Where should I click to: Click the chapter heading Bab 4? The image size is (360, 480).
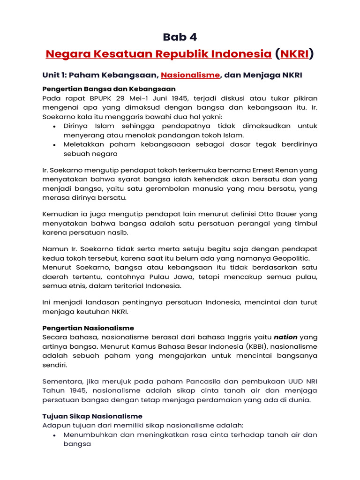[x=180, y=37]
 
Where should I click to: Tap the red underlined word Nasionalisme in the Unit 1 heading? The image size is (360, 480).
[x=190, y=75]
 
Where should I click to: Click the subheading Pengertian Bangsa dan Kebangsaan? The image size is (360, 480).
[x=109, y=89]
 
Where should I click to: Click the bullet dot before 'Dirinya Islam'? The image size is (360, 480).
[x=55, y=127]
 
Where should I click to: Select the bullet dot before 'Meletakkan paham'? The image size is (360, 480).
[x=55, y=145]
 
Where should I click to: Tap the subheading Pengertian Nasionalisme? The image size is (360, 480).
[x=88, y=328]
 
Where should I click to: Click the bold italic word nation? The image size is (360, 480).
[x=285, y=337]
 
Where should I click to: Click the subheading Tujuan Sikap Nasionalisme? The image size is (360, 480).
[x=92, y=416]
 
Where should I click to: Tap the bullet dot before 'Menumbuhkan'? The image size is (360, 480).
[x=55, y=435]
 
